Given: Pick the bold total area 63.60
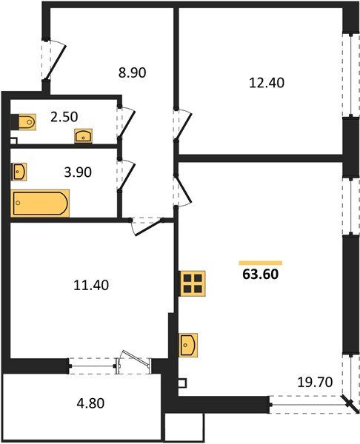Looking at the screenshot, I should (x=260, y=275).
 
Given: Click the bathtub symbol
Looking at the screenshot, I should (x=40, y=203).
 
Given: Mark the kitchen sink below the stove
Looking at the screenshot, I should (x=188, y=345).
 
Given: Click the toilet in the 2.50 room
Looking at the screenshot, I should (x=25, y=121).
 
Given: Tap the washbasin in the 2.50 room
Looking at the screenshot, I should (x=83, y=135).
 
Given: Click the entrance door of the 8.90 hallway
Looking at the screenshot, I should (x=53, y=58).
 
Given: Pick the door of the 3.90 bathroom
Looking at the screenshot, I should (x=126, y=178).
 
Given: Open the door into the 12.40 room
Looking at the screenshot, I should (x=182, y=122).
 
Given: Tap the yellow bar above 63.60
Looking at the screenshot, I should (x=260, y=263).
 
